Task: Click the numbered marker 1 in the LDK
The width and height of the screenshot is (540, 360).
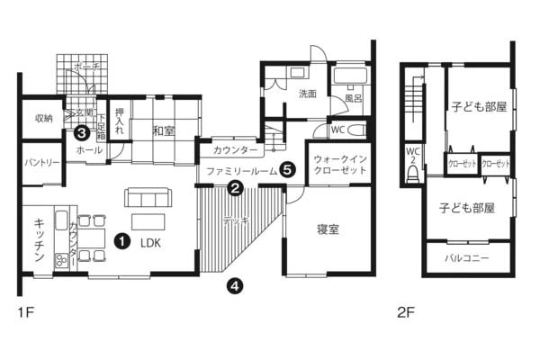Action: (121, 240)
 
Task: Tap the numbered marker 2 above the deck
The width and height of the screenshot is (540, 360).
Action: (234, 189)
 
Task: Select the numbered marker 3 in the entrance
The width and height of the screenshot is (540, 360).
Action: (81, 132)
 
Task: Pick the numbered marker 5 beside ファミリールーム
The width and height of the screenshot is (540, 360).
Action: (286, 168)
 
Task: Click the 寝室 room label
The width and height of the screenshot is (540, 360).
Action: (328, 229)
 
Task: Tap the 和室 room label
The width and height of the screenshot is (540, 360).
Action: (163, 131)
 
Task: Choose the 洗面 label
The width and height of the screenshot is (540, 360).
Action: (308, 93)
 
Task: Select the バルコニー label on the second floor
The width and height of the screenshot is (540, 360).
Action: (467, 257)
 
